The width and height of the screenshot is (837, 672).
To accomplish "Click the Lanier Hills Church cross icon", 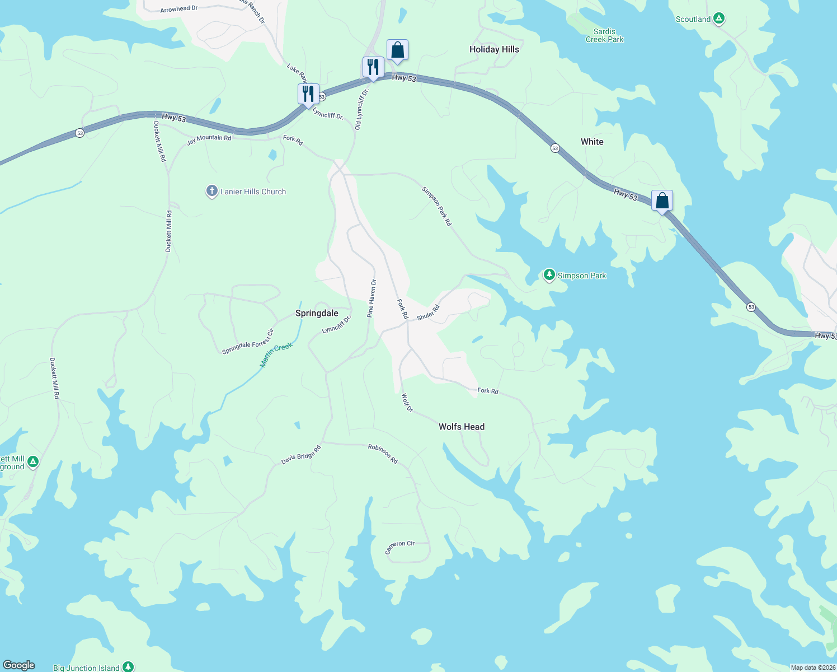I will coord(211,192).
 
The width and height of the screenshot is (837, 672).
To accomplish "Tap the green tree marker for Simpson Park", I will coord(549,275).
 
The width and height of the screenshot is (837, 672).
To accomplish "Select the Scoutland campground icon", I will coord(719,18).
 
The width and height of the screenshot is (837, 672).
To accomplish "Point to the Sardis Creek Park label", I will coord(604,35).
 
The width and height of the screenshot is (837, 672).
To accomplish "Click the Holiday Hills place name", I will coord(494,49).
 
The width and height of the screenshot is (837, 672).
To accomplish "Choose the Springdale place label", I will coord(317,313).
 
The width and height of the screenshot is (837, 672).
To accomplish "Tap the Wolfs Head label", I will coord(462,427).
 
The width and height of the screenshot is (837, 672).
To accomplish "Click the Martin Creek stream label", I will coord(276,355).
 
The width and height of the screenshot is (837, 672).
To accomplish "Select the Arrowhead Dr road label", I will coord(179,9).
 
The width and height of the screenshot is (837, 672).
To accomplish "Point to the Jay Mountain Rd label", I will coord(209,140).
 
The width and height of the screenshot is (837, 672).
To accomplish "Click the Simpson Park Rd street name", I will coord(436,207).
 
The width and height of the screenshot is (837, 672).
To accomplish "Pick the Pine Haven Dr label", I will coord(372,298).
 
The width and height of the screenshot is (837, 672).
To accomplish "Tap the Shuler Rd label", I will coord(429,312).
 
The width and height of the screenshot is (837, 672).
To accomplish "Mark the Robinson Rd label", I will coord(383,454).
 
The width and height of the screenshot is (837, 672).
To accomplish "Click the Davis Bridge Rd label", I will coord(301,455).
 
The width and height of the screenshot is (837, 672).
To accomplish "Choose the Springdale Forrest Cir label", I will coord(248,342).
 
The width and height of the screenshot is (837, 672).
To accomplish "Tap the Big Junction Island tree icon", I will coord(128,667).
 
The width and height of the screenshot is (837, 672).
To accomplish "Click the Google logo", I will coord(19,665).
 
